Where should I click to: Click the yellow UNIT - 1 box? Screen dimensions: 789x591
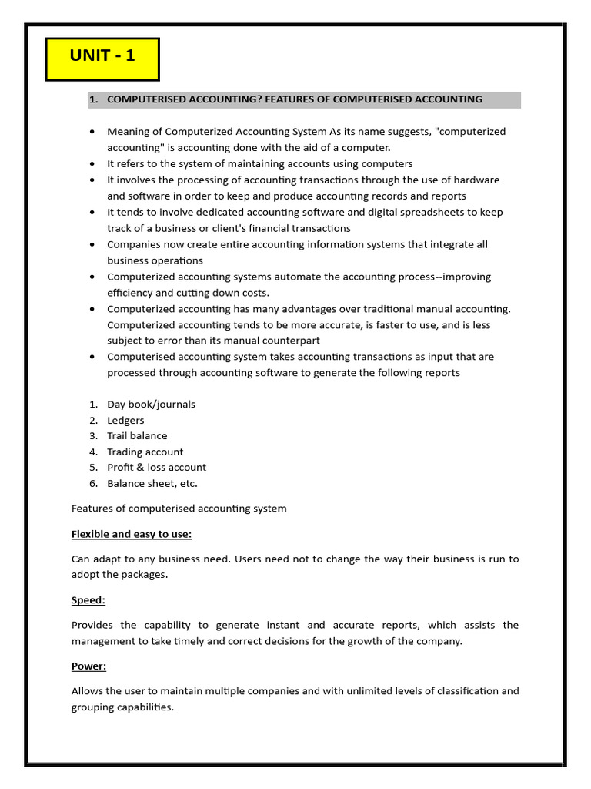point(102,59)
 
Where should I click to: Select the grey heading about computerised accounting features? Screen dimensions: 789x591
point(303,99)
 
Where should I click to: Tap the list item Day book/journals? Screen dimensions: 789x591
point(151,404)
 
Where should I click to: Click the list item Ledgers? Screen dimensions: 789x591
point(125,420)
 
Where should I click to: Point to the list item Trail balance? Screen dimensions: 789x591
point(137,435)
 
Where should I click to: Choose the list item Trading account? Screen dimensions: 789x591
point(145,452)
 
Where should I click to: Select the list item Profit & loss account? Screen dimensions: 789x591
point(156,467)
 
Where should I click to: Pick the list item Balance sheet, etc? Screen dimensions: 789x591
point(152,483)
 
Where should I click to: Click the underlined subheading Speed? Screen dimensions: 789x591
point(88,599)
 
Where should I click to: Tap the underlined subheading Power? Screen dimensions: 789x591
point(89,666)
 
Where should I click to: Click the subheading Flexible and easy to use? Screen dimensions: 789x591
point(132,534)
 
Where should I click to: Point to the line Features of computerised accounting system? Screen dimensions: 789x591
point(179,508)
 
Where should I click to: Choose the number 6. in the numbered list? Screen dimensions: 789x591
point(93,483)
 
